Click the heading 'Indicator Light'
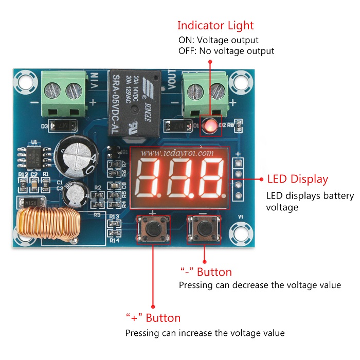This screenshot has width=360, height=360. tap(215, 25)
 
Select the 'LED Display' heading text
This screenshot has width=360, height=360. tap(297, 179)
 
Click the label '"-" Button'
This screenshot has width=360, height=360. tap(205, 272)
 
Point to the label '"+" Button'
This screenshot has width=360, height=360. tap(153, 318)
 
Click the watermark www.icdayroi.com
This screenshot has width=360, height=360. tap(176, 153)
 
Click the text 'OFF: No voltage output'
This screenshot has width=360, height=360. tap(226, 51)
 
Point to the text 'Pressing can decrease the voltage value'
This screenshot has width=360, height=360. tap(260, 285)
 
